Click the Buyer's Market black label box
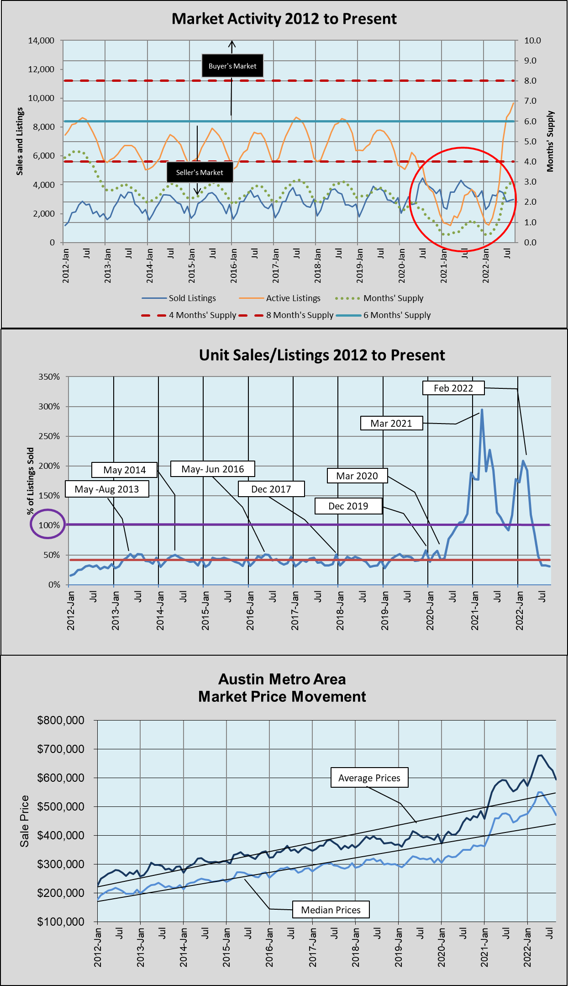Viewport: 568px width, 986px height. pyautogui.click(x=232, y=66)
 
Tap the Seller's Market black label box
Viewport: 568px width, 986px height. pyautogui.click(x=200, y=172)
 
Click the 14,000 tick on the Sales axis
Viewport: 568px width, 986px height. pyautogui.click(x=41, y=41)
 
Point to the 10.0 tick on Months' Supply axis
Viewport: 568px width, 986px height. pyautogui.click(x=532, y=41)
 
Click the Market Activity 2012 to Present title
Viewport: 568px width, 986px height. pyautogui.click(x=284, y=19)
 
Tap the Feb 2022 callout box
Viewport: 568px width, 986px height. pyautogui.click(x=453, y=388)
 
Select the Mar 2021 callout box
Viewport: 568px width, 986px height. pyautogui.click(x=391, y=423)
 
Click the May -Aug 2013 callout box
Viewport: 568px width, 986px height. pyautogui.click(x=107, y=489)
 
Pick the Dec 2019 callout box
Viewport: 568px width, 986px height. pyautogui.click(x=348, y=506)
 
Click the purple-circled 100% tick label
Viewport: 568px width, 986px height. pyautogui.click(x=49, y=525)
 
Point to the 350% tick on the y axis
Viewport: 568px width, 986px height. pyautogui.click(x=49, y=377)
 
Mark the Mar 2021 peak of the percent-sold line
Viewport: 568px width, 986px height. pyautogui.click(x=482, y=410)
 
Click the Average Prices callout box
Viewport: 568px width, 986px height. pyautogui.click(x=369, y=778)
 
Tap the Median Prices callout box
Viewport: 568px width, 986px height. pyautogui.click(x=331, y=910)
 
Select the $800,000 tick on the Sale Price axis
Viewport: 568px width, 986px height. pyautogui.click(x=61, y=721)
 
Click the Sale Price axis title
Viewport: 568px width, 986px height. pyautogui.click(x=24, y=821)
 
